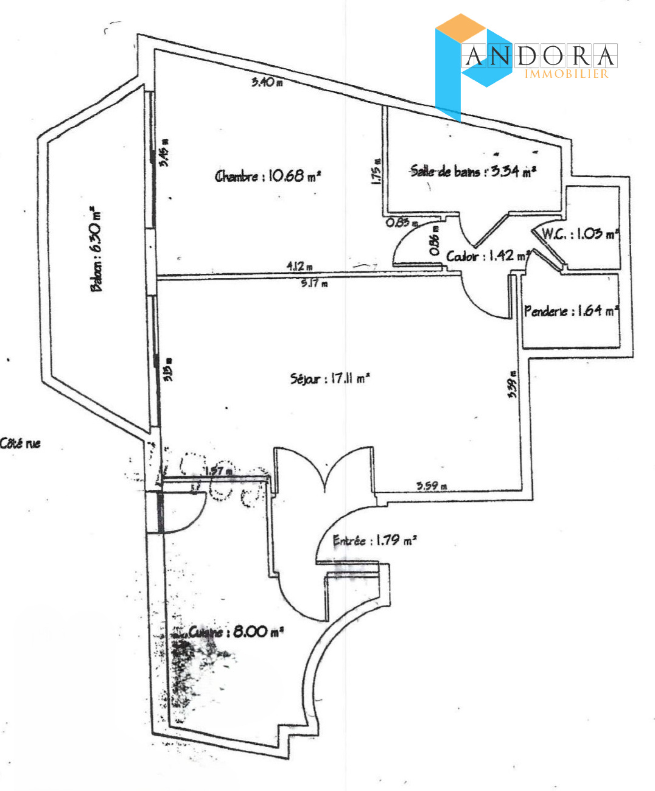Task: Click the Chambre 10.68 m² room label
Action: [x=268, y=176]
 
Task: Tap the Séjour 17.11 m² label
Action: [x=330, y=379]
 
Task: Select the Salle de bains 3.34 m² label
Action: [x=473, y=171]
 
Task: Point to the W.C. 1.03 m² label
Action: [x=580, y=234]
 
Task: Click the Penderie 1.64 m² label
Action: [x=571, y=311]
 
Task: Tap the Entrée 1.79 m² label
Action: [x=375, y=541]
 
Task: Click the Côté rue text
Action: [x=20, y=443]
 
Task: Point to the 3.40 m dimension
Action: [x=267, y=82]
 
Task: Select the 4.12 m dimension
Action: [x=300, y=266]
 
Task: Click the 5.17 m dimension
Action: [x=314, y=283]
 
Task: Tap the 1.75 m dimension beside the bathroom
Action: [x=376, y=171]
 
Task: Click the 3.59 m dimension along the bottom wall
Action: [x=432, y=486]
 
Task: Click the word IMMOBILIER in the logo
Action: [x=567, y=74]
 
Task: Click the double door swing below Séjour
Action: [x=324, y=471]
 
